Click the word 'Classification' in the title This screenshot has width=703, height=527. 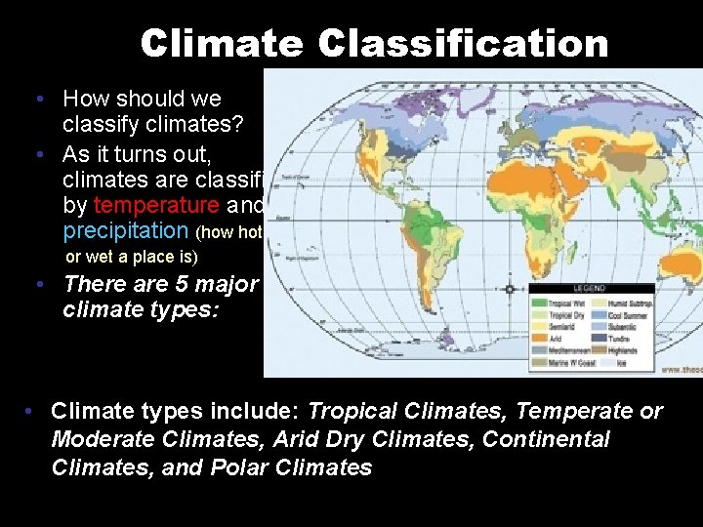click(x=463, y=43)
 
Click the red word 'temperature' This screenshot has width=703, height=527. click(x=156, y=205)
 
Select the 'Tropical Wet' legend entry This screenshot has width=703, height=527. click(x=561, y=304)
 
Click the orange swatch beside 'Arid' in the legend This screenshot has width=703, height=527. click(x=538, y=339)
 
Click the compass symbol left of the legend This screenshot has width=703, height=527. click(x=510, y=289)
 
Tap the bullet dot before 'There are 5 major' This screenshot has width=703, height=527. click(x=36, y=285)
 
